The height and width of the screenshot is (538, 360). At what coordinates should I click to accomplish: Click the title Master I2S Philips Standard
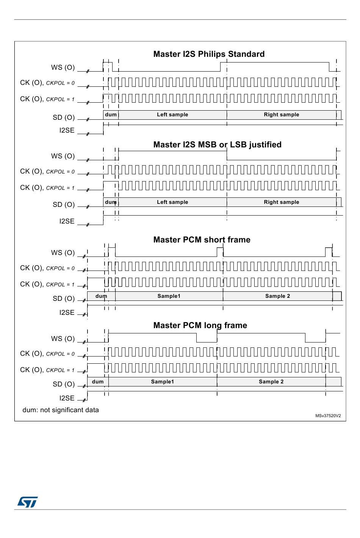pos(209,54)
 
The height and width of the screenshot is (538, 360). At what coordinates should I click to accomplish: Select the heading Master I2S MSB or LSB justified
pos(218,145)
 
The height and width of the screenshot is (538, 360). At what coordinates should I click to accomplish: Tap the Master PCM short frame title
pos(202,240)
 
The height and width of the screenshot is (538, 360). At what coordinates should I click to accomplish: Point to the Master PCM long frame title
pos(200,325)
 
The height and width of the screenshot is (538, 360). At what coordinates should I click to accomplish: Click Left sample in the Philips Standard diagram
pos(172,114)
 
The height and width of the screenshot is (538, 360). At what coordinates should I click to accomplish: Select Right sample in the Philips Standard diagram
pos(282,114)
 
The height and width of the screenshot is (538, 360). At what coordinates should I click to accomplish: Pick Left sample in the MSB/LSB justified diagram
pos(172,202)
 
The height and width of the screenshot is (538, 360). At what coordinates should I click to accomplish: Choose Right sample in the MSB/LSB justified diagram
pos(282,202)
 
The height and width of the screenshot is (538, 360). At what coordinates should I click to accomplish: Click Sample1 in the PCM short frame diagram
pos(169,296)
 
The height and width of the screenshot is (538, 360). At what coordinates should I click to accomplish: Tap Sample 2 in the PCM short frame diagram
pos(278,296)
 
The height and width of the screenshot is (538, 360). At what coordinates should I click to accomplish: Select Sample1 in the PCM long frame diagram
pos(162,382)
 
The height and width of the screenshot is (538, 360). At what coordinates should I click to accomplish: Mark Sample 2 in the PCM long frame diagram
pos(271,382)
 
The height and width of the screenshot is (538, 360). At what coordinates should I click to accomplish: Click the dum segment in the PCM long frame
pos(98,382)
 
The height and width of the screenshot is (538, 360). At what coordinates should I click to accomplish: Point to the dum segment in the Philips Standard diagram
pos(111,115)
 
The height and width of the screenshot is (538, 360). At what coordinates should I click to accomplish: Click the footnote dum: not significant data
pos(61,410)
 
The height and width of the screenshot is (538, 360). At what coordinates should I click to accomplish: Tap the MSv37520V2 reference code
pos(328,416)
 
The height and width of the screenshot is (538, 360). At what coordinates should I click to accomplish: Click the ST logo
pos(27,502)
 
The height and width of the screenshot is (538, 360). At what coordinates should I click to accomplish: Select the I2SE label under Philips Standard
pos(67,130)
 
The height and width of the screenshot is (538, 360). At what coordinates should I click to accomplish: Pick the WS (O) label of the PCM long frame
pos(63,339)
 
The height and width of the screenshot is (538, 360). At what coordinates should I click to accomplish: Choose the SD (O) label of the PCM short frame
pos(64,299)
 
